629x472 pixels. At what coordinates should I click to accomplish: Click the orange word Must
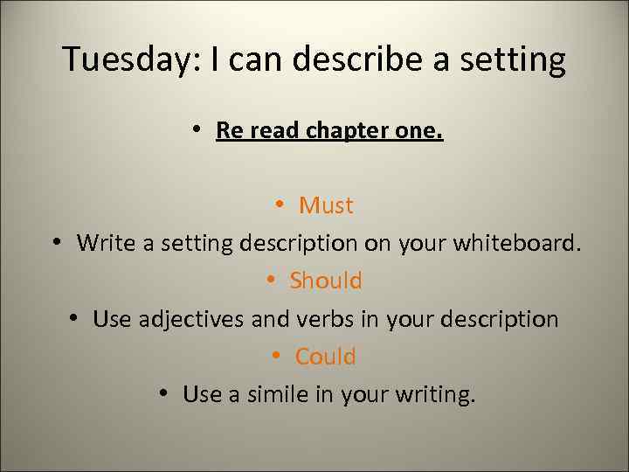tap(326, 205)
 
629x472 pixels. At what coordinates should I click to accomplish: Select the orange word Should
tap(326, 281)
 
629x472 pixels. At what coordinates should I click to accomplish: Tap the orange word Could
tap(326, 357)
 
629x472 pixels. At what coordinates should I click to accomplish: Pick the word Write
tap(104, 243)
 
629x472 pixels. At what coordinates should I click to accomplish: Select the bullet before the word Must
tap(279, 205)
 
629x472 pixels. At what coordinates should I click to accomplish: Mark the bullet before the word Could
tap(275, 356)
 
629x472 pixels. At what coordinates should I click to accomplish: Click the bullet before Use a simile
tap(164, 393)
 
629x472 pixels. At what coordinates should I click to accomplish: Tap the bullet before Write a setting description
tap(57, 242)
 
